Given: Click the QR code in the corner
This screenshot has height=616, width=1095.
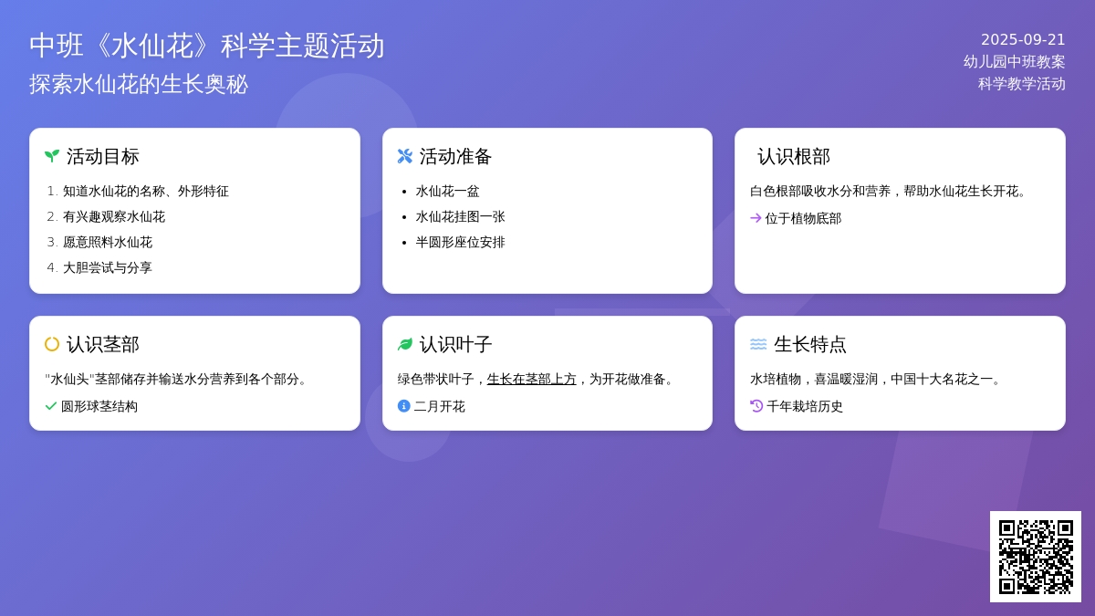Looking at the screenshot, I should (x=1036, y=557).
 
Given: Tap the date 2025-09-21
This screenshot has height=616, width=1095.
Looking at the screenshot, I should (x=1023, y=39).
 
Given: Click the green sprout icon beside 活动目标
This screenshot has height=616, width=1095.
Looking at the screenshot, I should (x=52, y=156).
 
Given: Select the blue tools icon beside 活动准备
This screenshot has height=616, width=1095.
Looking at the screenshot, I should (x=405, y=156).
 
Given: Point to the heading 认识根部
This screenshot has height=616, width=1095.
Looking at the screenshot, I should (x=793, y=156).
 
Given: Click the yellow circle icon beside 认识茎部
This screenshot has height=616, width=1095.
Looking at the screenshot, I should (x=52, y=344).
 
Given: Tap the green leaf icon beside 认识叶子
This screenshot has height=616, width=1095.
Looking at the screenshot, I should (x=405, y=344).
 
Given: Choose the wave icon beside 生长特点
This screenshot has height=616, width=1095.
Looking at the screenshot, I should (x=758, y=344).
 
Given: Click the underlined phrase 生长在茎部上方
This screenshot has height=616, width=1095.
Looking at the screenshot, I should (x=531, y=379).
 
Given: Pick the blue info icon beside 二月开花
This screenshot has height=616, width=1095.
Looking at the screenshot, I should (x=404, y=406).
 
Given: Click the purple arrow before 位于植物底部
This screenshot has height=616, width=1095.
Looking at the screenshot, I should (x=756, y=218).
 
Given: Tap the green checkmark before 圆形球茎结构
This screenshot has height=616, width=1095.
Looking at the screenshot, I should (x=51, y=406).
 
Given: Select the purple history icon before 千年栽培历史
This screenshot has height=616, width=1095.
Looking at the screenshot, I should (x=756, y=406).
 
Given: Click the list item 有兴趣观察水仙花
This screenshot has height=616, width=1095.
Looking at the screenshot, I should (x=114, y=216).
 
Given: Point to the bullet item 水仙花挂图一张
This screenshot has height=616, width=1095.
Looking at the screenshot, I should (x=460, y=216).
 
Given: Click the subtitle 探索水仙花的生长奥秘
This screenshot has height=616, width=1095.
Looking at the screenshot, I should (x=139, y=84).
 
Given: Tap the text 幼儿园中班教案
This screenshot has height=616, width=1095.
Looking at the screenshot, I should (x=1014, y=61).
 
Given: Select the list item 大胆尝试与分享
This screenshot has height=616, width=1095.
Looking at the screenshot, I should (x=108, y=267).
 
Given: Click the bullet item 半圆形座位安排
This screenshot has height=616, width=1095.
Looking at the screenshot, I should (x=460, y=242).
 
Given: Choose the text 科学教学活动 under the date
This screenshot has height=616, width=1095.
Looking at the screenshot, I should (x=1021, y=83).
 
